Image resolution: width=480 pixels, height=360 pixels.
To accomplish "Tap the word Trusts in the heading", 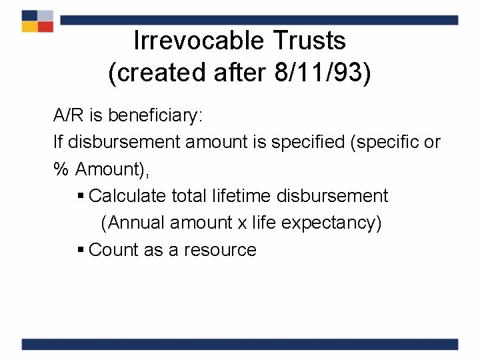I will click(309, 41).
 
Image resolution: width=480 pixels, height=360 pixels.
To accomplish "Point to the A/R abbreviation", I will click(69, 116).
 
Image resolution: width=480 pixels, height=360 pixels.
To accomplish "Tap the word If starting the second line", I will click(57, 143).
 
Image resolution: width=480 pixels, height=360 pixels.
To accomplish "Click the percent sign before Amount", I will click(61, 169).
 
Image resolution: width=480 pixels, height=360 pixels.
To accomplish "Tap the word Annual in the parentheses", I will click(137, 223).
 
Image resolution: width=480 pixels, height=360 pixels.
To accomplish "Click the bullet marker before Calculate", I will click(81, 197).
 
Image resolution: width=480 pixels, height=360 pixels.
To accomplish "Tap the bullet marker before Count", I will click(81, 251).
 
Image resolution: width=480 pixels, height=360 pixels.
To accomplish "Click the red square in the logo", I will click(45, 26).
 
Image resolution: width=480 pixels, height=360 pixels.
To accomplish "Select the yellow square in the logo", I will click(29, 26).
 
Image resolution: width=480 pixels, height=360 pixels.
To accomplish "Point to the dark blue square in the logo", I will click(29, 15).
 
